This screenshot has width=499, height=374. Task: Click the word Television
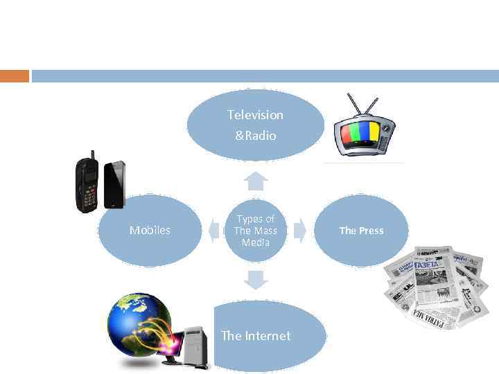255,115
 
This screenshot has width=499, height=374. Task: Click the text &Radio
255,136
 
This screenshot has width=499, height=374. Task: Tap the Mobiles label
150,230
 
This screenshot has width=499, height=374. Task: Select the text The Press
361,231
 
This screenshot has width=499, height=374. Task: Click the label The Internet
256,336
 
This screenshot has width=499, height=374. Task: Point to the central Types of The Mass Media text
255,231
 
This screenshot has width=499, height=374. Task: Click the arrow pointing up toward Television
256,181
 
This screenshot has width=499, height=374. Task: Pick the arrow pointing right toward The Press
299,231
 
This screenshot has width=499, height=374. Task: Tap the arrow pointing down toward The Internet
256,280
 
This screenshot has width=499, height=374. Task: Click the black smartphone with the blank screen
114,185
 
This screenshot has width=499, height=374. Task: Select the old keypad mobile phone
88,184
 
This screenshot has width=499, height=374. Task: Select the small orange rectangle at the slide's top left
15,75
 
